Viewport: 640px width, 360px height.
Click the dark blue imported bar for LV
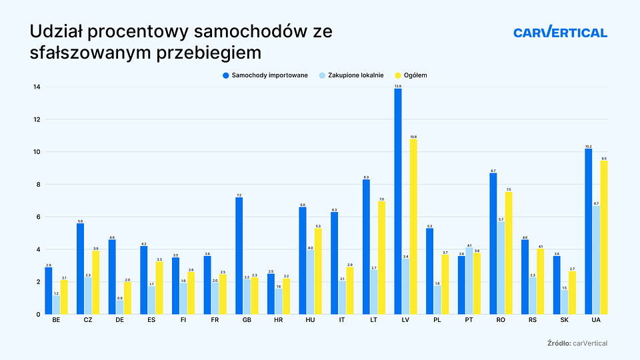pos(398,200)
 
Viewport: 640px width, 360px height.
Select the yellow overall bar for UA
pos(604,237)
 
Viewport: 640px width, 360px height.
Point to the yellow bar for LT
pos(382,257)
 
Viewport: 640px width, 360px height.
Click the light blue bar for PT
pos(469,281)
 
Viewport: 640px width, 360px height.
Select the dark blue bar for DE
pos(112,277)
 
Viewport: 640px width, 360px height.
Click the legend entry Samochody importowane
pos(265,75)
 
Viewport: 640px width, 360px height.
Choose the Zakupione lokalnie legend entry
pos(351,75)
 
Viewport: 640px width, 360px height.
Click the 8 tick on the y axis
pos(38,185)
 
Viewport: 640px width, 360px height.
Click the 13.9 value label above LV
pos(398,86)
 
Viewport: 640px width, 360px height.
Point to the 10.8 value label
pos(413,136)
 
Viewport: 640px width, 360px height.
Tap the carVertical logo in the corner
pos(560,32)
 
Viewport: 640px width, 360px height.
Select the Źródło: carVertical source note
pos(576,343)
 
